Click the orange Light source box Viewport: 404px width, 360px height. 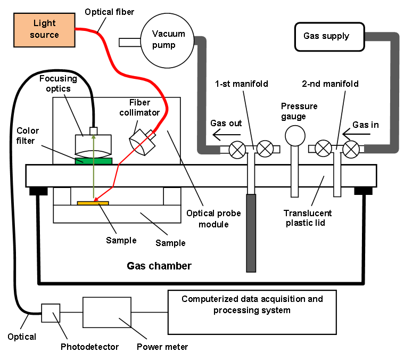point(44,30)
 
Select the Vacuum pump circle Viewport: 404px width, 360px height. point(167,40)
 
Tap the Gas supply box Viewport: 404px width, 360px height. point(329,37)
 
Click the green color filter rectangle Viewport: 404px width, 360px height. point(94,161)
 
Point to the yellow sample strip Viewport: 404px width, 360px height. point(93,203)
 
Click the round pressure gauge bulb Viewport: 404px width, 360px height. point(295,136)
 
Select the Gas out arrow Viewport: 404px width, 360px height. point(226,135)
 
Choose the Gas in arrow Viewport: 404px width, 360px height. point(356,134)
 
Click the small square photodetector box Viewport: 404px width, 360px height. point(51,313)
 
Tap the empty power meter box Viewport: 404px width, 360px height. point(107,312)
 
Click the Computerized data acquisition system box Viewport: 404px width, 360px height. point(252,312)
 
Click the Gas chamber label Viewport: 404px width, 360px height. point(159,266)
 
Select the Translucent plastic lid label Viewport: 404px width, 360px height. point(307,218)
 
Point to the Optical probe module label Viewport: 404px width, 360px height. point(213,218)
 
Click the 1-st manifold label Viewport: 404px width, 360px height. point(242,84)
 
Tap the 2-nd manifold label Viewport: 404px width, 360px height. point(330,84)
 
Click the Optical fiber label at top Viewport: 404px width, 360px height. point(110,12)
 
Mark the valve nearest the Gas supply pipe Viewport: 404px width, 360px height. point(351,149)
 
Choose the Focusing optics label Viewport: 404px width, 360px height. point(58,83)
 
